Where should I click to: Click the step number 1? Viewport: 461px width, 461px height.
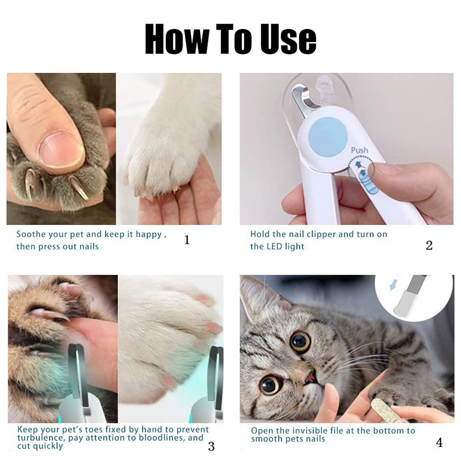(x=187, y=240)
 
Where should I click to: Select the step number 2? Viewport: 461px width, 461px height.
(x=429, y=245)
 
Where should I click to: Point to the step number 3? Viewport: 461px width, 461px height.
(x=211, y=446)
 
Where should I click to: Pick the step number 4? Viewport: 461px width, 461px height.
(x=439, y=443)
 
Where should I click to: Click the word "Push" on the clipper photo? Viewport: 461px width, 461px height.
(x=360, y=150)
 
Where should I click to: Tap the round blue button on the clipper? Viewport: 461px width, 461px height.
(x=328, y=137)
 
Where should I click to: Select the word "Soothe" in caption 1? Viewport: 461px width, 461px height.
(x=31, y=234)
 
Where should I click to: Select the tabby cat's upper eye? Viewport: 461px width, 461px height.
(x=301, y=342)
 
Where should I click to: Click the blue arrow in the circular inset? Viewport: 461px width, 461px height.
(x=393, y=286)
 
